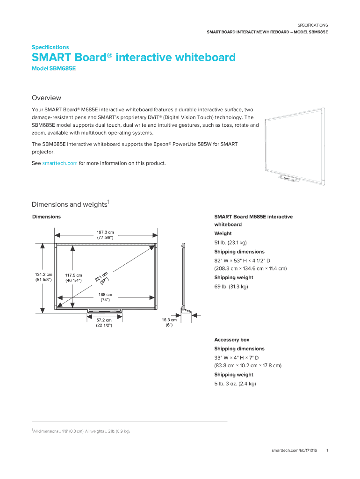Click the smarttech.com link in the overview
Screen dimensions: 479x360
[x=59, y=163]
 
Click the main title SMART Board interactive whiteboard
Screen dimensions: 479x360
[x=133, y=58]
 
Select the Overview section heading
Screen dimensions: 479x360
[x=46, y=98]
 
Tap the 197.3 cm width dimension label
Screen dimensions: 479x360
[x=105, y=235]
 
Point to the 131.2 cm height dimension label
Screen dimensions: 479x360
[x=43, y=277]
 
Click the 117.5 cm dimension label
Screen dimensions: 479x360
[x=73, y=278]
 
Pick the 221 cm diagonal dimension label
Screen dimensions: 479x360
[x=102, y=278]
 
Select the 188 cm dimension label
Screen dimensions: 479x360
[x=105, y=298]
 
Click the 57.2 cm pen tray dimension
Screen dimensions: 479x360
[x=104, y=323]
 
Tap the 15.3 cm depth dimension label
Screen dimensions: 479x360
[x=169, y=322]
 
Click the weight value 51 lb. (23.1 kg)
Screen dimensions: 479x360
[x=230, y=242]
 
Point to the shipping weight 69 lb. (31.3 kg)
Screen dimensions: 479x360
[x=231, y=286]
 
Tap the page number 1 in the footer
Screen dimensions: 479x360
[x=328, y=450]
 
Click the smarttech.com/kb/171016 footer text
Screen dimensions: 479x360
[x=294, y=450]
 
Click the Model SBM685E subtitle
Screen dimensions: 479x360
[x=53, y=68]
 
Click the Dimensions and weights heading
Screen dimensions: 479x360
[x=70, y=204]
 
